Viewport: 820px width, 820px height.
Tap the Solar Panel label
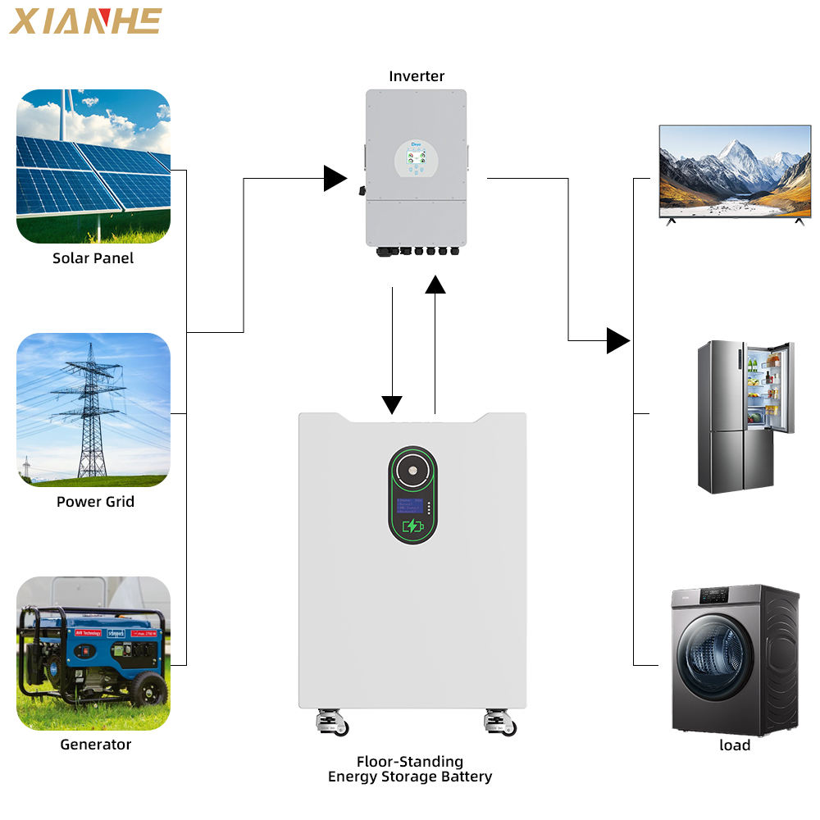coord(93,258)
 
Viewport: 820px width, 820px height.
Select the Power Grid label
coord(95,501)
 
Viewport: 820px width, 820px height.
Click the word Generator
coord(95,745)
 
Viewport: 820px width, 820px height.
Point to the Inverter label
coord(417,76)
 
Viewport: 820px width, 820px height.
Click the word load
coord(735,745)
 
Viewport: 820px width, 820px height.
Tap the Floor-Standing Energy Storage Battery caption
coord(410,769)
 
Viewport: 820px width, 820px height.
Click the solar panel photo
coord(93,166)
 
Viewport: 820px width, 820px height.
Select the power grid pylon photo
coord(93,409)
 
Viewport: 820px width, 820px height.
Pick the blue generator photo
coord(93,654)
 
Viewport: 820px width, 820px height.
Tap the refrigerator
coord(745,417)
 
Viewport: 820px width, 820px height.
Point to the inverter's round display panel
coord(415,158)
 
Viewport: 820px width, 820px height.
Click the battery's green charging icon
coord(412,526)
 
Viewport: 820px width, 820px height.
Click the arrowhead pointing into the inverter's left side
coord(335,178)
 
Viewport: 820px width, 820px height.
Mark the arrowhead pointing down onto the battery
coord(392,404)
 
